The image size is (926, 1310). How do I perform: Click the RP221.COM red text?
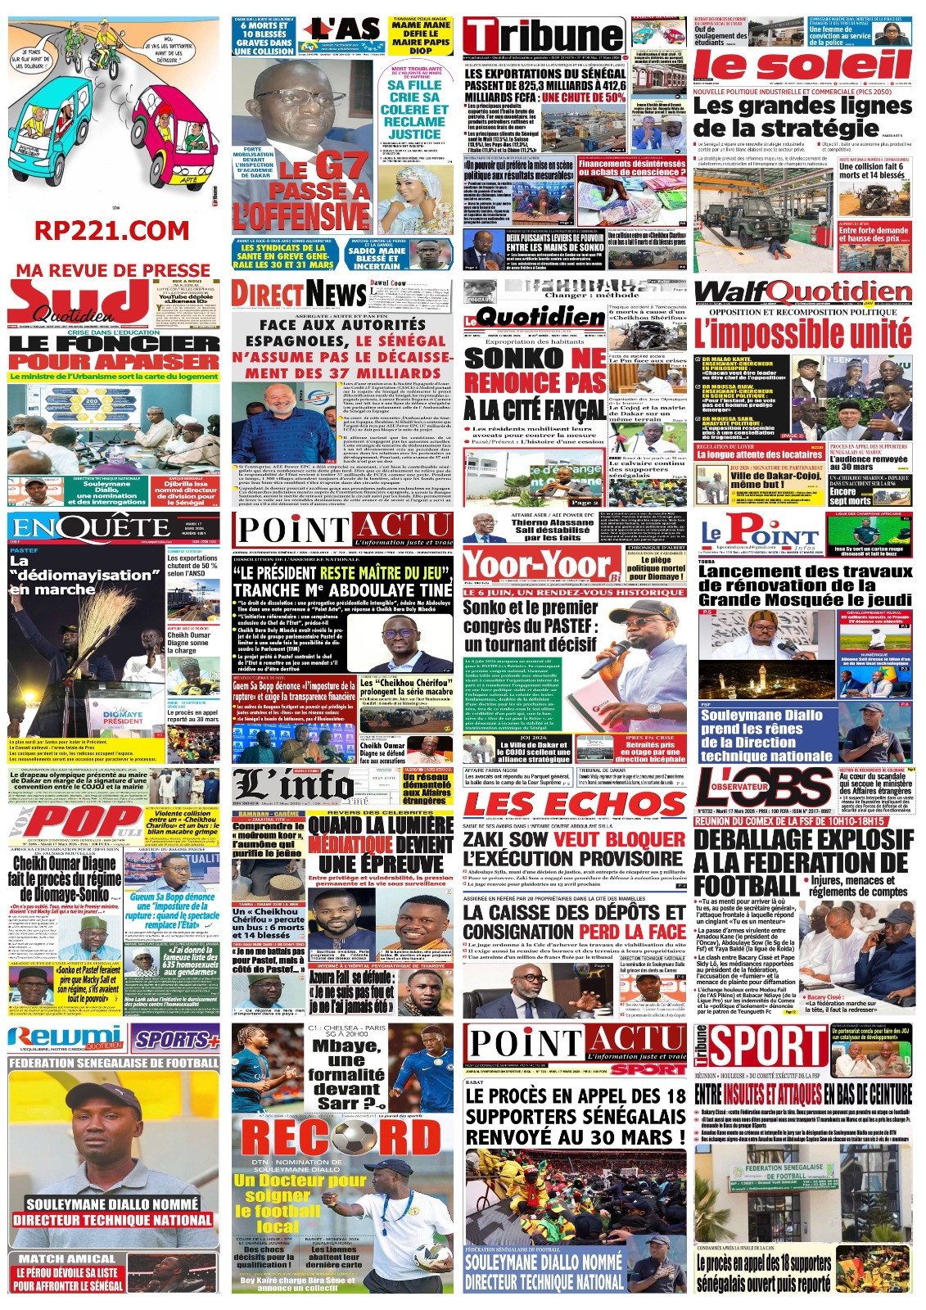(x=112, y=232)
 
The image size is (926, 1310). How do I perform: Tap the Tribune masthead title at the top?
(x=544, y=38)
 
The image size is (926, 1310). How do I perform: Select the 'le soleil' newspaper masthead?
(x=802, y=65)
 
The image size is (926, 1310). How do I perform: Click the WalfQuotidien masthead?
(x=802, y=292)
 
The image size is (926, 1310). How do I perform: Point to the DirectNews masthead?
(x=298, y=292)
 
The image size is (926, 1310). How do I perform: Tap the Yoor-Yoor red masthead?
(x=541, y=565)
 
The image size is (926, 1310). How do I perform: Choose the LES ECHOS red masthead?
(x=574, y=804)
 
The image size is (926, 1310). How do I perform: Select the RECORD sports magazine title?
(x=341, y=1138)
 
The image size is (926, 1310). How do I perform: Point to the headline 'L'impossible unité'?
(x=802, y=334)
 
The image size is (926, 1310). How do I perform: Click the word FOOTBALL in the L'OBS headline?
(x=746, y=886)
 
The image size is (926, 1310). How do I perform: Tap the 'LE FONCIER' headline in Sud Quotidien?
(x=114, y=344)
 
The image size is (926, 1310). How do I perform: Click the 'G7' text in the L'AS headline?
(x=340, y=168)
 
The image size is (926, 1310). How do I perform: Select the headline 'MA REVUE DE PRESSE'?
(x=113, y=270)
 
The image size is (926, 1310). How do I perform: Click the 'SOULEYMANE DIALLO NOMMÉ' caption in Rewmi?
(x=112, y=1204)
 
